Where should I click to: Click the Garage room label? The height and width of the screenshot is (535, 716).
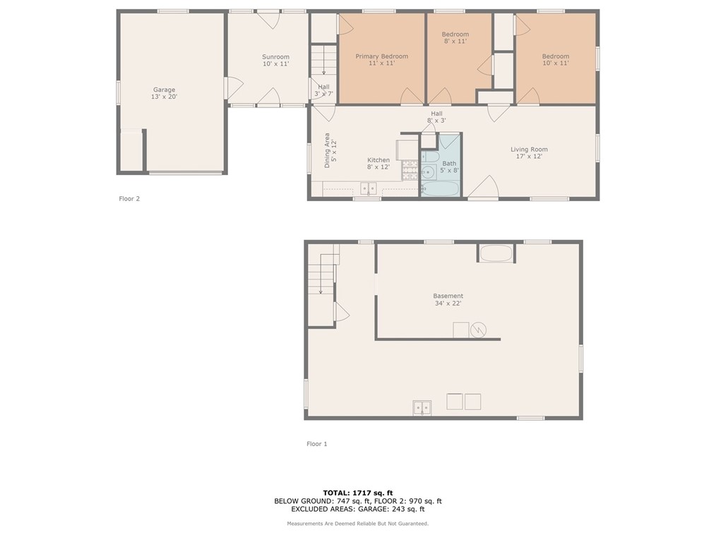coord(164,93)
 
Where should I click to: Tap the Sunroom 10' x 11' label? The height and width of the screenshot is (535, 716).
coord(275,60)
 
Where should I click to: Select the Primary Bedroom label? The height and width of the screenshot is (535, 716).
coord(382,60)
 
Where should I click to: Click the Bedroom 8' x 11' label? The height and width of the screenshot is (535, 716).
coord(455,37)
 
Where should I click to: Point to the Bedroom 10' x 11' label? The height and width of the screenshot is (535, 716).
coord(555,60)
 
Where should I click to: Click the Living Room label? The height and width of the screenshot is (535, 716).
coord(529,152)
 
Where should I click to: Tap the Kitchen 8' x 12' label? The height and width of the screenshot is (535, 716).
coord(378,164)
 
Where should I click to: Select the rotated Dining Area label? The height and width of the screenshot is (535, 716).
coord(330,150)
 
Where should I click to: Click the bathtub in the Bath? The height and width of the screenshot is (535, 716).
coord(440,188)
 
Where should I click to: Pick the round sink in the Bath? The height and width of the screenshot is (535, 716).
coord(428,172)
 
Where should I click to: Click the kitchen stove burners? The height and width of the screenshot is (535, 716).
coord(410,169)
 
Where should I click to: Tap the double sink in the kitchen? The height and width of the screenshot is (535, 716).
coord(368,188)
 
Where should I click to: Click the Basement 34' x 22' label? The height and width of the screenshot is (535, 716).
coord(448,299)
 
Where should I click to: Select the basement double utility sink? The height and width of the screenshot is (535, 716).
coord(422,407)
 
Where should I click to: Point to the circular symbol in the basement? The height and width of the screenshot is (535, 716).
coord(478,330)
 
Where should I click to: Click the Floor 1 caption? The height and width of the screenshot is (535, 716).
coord(317,444)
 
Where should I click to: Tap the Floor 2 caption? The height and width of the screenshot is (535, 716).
coord(129,198)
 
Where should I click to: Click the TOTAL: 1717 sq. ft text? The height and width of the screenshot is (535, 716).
coord(357,493)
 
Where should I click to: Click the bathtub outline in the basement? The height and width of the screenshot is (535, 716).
coord(496,253)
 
